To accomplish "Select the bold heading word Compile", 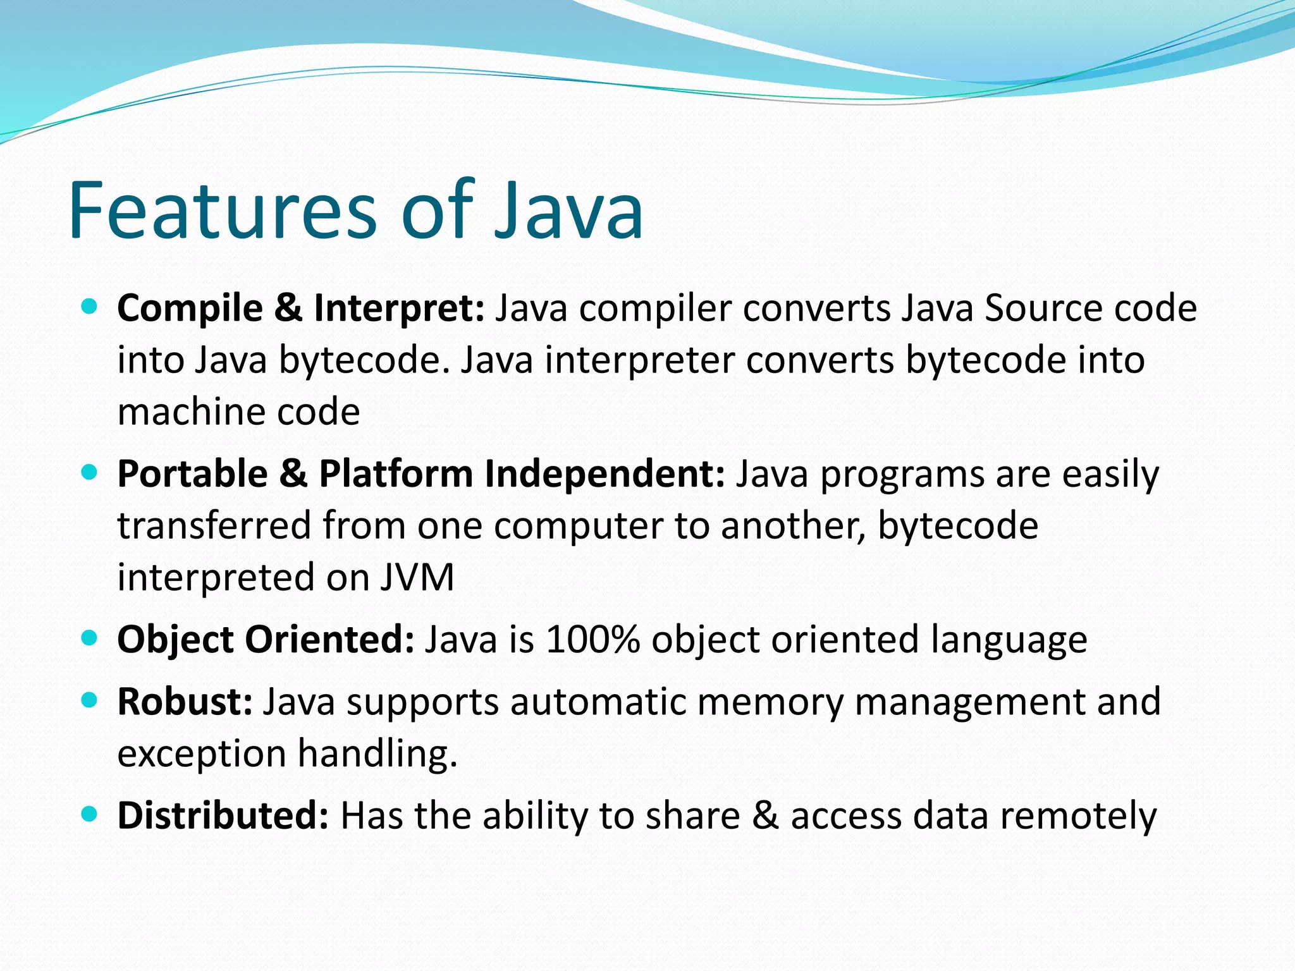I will [190, 308].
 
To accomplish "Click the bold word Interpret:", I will [399, 308].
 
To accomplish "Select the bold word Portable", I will [192, 474].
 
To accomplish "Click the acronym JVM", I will [417, 578].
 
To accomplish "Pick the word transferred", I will [214, 526].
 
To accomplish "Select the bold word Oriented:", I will [329, 640].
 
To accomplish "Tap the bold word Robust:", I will [185, 702].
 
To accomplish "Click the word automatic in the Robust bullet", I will [598, 702].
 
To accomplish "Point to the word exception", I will [202, 754].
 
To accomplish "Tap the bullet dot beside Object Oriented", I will [90, 638].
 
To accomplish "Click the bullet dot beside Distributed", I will [90, 814].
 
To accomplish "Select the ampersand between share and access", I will [765, 815].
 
